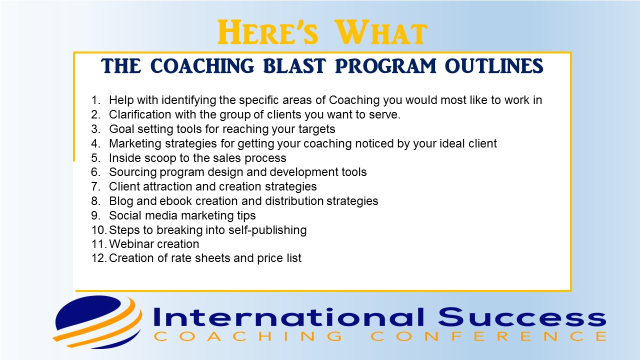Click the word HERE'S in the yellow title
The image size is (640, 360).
[267, 32]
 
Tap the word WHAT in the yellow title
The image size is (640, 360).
[381, 32]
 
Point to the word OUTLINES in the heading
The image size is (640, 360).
[494, 66]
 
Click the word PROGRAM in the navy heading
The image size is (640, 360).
[385, 66]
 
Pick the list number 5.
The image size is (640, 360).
[95, 158]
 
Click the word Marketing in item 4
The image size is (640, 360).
[134, 143]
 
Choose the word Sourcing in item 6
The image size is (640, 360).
[132, 172]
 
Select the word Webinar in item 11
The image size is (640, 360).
[130, 244]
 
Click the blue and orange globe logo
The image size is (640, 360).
[97, 322]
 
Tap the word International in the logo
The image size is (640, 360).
[288, 317]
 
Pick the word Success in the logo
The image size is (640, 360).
[521, 317]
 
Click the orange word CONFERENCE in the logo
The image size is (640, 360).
[488, 336]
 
